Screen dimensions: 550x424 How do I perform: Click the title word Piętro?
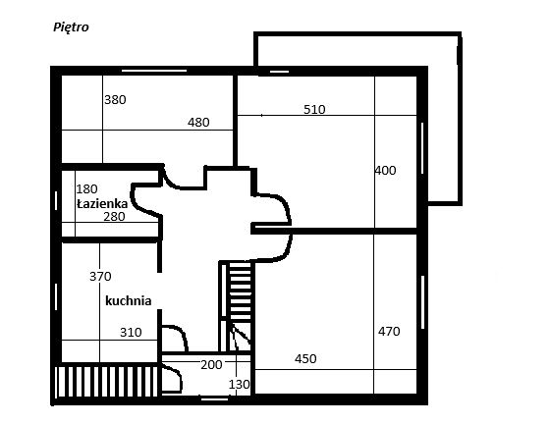71,27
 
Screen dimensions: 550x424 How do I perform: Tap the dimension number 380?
115,100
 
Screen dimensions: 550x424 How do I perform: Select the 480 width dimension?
198,123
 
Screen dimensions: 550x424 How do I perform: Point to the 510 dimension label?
314,110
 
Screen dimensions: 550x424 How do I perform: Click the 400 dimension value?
385,171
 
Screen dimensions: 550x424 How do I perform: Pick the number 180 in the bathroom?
86,189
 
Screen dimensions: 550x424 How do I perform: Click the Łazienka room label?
102,203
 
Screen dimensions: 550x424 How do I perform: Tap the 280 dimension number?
114,217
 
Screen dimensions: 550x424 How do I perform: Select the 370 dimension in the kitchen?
100,277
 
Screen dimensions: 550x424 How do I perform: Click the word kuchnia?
129,300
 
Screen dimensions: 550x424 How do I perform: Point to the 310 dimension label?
131,332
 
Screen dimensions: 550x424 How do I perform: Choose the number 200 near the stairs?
211,365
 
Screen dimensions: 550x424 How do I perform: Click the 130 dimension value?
240,385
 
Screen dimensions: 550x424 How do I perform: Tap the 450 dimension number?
305,359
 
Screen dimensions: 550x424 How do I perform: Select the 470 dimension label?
389,332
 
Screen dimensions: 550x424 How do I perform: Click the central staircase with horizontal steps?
241,290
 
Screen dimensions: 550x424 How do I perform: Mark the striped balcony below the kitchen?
107,382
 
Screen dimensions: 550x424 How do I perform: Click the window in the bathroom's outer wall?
56,201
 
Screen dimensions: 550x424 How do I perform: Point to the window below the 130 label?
214,398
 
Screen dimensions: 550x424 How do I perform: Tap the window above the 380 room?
154,71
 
